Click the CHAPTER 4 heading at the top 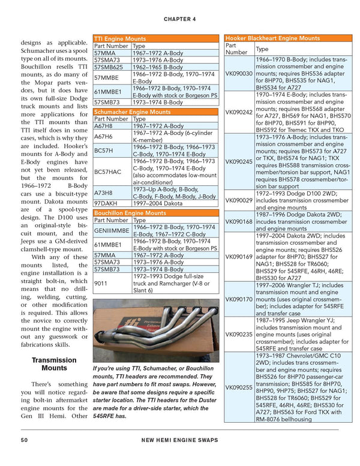(180, 19)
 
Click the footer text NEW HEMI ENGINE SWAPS (180, 440)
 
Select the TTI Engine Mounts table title (119, 38)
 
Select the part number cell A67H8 (103, 126)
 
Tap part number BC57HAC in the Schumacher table (107, 172)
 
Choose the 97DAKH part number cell (106, 205)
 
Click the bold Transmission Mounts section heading (55, 364)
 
